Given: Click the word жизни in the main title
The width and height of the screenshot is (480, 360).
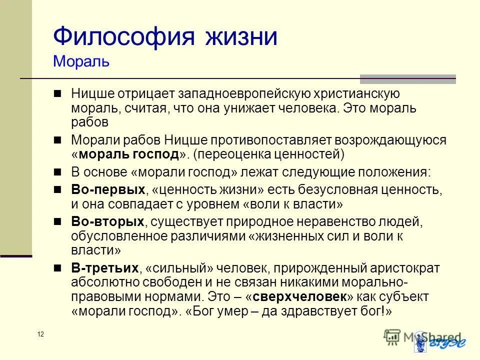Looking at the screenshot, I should [x=240, y=37].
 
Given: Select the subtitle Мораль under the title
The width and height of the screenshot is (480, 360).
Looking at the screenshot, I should [x=81, y=62].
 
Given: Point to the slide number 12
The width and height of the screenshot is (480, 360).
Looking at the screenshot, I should [x=40, y=334].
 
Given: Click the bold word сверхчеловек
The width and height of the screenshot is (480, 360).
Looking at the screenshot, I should [x=299, y=296].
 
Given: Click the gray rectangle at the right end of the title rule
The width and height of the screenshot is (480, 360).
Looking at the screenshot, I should [x=408, y=78].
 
